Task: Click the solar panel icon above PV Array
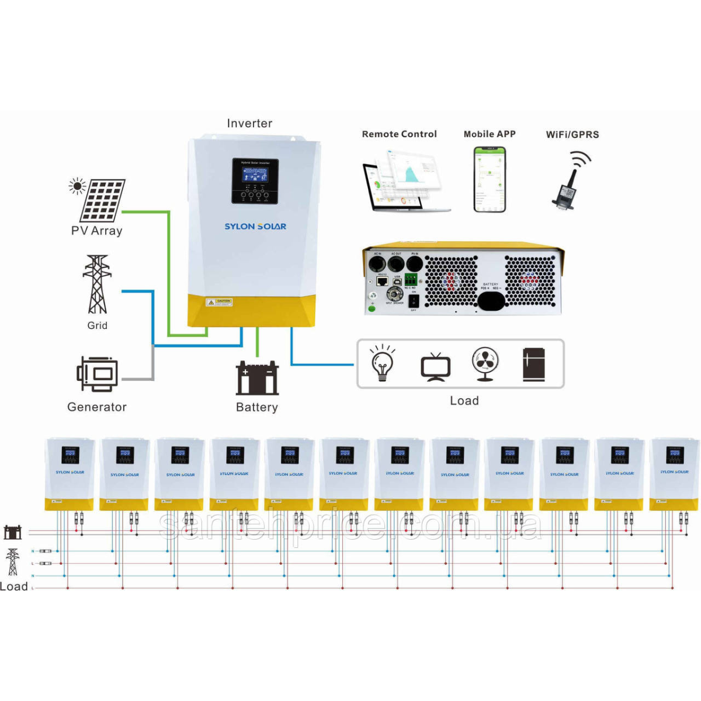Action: [102, 200]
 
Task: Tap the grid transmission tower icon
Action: [97, 284]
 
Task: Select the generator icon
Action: [97, 373]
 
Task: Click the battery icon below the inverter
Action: [257, 378]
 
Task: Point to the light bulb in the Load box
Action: [382, 362]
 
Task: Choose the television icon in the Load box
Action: [435, 366]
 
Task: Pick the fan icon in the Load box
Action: [485, 363]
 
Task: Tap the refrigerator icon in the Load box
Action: [533, 365]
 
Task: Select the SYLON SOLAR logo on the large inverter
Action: [255, 226]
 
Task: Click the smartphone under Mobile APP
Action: [490, 179]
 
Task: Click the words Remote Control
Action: [399, 134]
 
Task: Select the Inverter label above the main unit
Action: [249, 123]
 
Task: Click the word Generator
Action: [97, 407]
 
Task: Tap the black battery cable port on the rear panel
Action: [491, 301]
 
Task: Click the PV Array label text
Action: [97, 231]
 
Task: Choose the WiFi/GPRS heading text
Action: [572, 134]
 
